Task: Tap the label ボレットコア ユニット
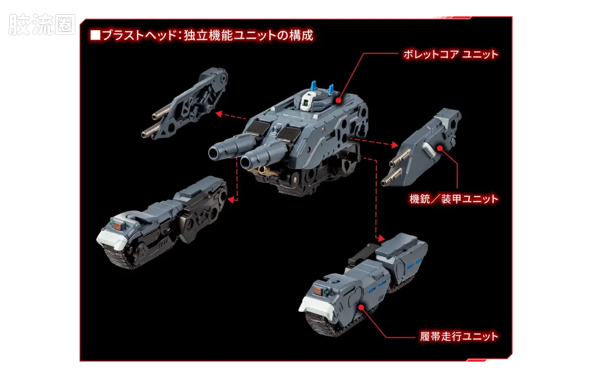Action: pyautogui.click(x=451, y=55)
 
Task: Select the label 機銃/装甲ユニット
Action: pyautogui.click(x=454, y=199)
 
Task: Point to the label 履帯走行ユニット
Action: pyautogui.click(x=459, y=336)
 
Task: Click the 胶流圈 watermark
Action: pyautogui.click(x=42, y=25)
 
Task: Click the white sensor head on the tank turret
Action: pyautogui.click(x=308, y=102)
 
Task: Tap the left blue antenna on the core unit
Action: pyautogui.click(x=314, y=86)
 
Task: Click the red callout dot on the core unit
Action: pyautogui.click(x=338, y=100)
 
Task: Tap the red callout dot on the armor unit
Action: pyautogui.click(x=439, y=148)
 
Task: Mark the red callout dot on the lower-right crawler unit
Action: pyautogui.click(x=361, y=307)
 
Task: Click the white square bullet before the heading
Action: pyautogui.click(x=95, y=35)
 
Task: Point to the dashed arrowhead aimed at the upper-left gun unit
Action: pyautogui.click(x=219, y=114)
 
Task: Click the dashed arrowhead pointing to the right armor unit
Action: pyautogui.click(x=395, y=145)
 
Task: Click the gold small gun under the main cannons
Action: pyautogui.click(x=264, y=171)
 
